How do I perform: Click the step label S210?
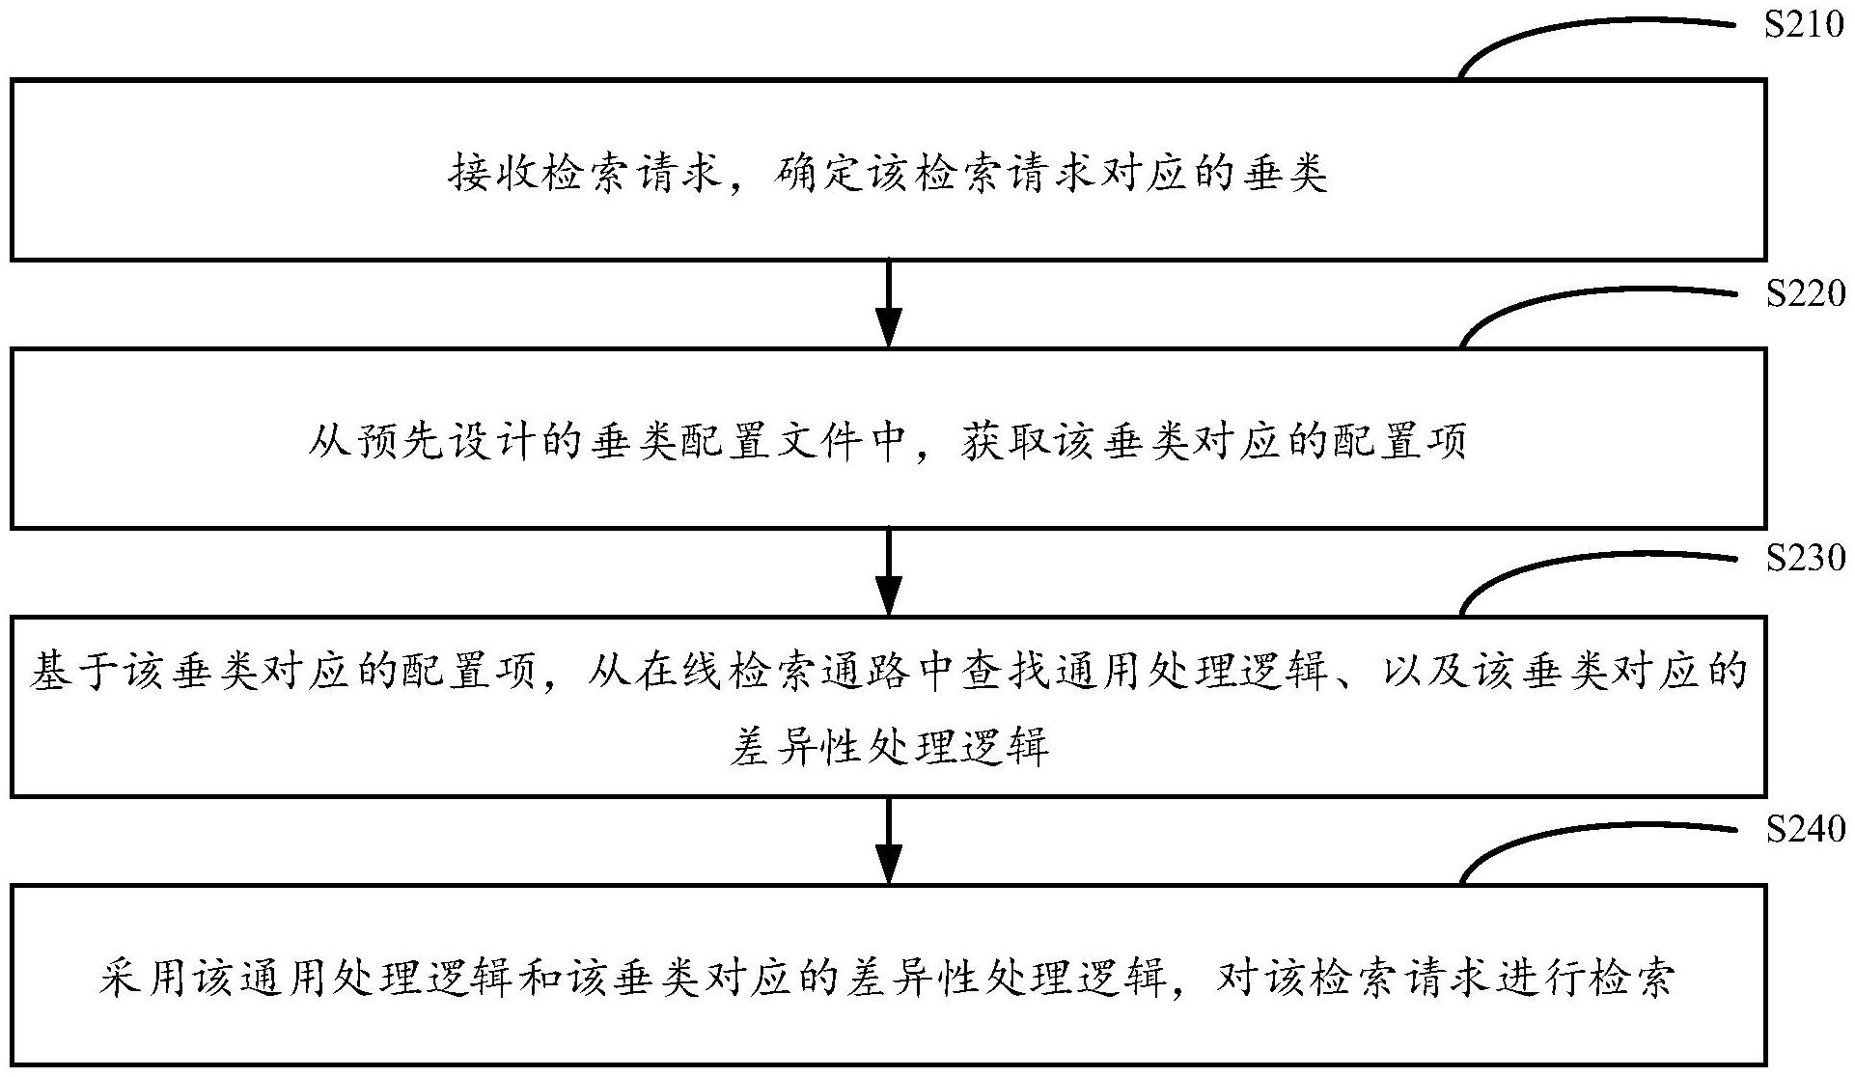[x=1804, y=25]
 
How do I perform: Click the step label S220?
[x=1804, y=294]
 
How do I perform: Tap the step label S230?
[x=1804, y=559]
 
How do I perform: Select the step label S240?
[x=1804, y=828]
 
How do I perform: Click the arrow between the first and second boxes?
[x=888, y=303]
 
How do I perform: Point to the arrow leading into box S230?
[x=888, y=571]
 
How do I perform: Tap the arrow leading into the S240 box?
[x=888, y=840]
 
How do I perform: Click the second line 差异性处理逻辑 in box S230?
[x=888, y=746]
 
